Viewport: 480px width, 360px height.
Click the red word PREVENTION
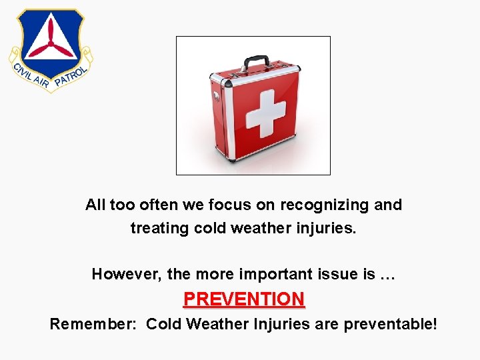pos(244,299)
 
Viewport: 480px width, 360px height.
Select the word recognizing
pos(325,205)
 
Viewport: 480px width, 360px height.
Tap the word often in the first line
pos(155,205)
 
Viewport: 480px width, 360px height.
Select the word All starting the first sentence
pos(95,205)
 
